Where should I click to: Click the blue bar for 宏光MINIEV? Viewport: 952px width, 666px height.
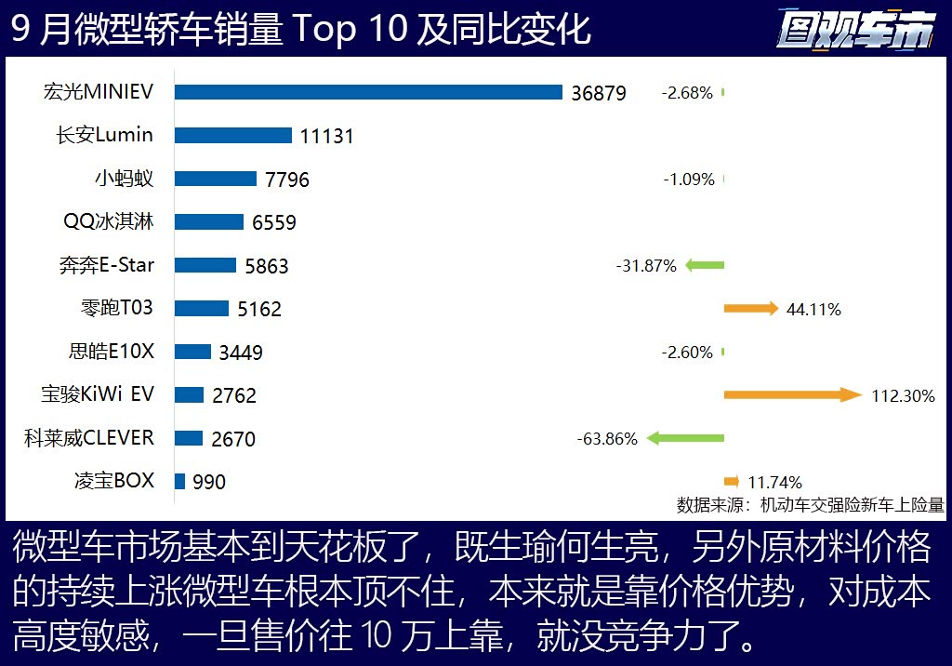click(x=368, y=92)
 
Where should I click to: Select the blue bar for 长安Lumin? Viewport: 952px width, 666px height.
click(x=233, y=135)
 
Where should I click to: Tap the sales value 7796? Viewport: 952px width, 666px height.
click(x=287, y=180)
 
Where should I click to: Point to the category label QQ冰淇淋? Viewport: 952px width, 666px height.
click(x=109, y=221)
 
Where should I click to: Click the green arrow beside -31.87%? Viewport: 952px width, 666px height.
click(x=704, y=265)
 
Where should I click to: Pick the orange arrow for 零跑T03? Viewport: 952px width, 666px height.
click(x=750, y=309)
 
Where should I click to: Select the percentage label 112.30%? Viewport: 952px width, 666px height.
click(x=903, y=396)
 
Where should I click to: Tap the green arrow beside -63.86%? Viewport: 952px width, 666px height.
click(x=685, y=438)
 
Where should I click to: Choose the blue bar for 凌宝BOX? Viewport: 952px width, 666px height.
click(x=179, y=481)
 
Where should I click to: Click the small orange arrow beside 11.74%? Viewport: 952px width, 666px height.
click(x=732, y=481)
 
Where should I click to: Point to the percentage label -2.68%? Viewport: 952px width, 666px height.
click(x=687, y=93)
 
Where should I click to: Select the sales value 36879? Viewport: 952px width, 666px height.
click(x=599, y=93)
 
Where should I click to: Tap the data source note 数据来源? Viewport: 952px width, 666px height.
click(x=810, y=505)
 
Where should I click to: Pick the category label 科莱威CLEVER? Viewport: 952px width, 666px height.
click(x=89, y=437)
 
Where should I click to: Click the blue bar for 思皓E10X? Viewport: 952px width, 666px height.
click(x=192, y=352)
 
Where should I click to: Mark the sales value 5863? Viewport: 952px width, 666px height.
click(x=267, y=266)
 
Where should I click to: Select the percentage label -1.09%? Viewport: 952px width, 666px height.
click(x=689, y=180)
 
